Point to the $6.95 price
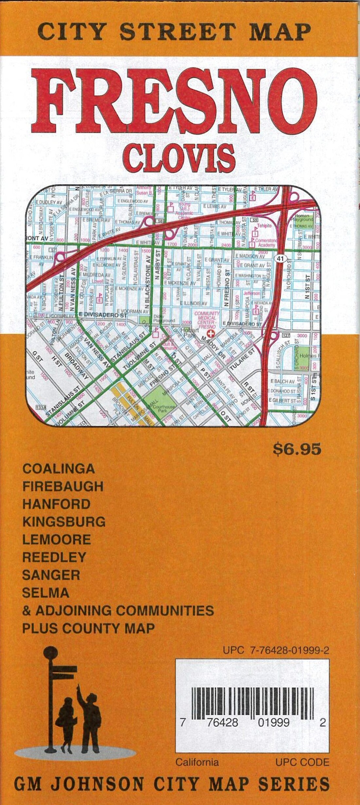297,449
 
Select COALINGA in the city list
59,469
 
